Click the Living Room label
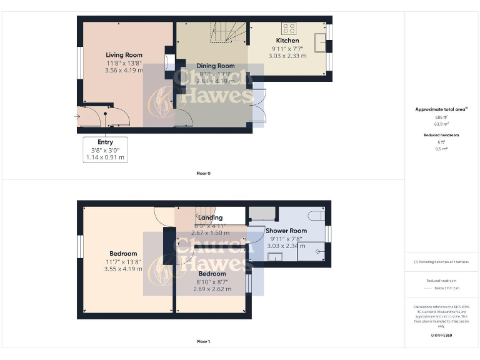tap(124, 55)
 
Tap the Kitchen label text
tap(287, 41)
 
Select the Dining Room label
tap(216, 66)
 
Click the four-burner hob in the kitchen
tap(289, 28)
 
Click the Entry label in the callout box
tap(105, 142)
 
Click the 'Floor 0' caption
tap(203, 173)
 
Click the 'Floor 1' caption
tap(203, 342)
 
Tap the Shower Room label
tap(286, 231)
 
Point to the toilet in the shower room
tap(316, 216)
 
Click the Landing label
tap(210, 217)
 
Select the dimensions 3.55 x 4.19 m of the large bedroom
tap(124, 269)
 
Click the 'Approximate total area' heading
tap(441, 109)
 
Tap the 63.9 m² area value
tap(441, 124)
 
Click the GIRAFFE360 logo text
tap(441, 336)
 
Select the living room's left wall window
tap(79, 63)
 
